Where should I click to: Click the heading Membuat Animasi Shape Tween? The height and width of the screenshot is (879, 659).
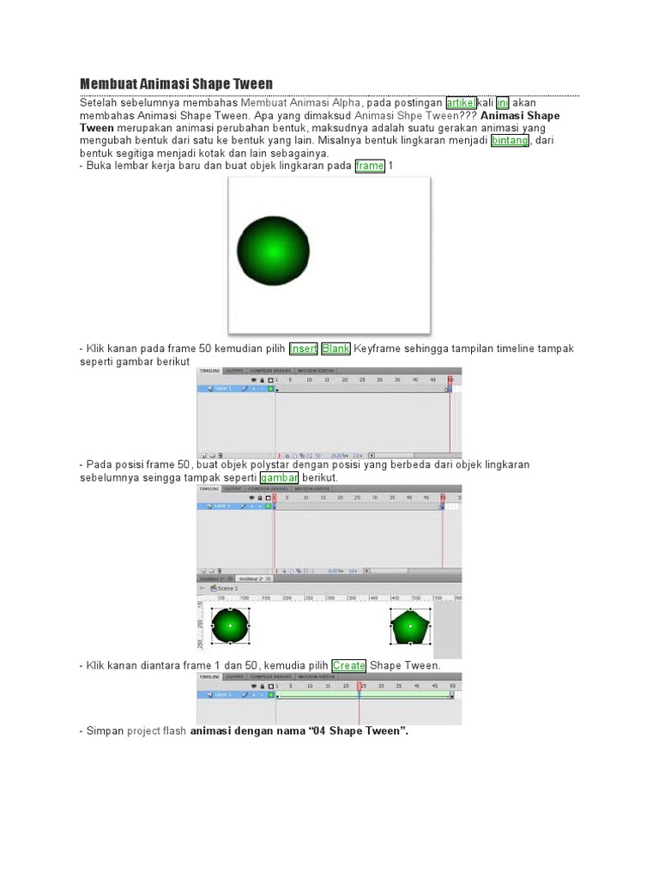[x=176, y=83]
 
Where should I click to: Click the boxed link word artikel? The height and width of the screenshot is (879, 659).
[x=461, y=103]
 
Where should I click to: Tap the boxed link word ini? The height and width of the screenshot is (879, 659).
[x=503, y=103]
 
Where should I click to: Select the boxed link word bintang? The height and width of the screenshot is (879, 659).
[x=509, y=140]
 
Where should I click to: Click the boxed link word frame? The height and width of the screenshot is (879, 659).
[x=370, y=166]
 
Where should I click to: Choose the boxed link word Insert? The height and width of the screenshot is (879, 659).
[x=303, y=349]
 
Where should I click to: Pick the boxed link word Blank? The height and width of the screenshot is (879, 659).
[x=336, y=349]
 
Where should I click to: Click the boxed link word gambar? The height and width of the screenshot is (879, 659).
[x=279, y=477]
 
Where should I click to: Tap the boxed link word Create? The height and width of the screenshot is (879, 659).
[x=348, y=665]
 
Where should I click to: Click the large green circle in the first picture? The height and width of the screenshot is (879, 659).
[x=272, y=251]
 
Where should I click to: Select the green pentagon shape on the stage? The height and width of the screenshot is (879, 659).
[x=410, y=627]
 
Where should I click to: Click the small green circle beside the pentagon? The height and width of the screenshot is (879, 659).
[x=230, y=627]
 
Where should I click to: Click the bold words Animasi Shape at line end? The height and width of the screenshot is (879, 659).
[x=520, y=116]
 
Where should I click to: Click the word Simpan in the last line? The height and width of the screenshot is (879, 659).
[x=105, y=731]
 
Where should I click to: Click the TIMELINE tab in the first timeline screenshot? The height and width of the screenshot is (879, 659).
[x=210, y=371]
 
